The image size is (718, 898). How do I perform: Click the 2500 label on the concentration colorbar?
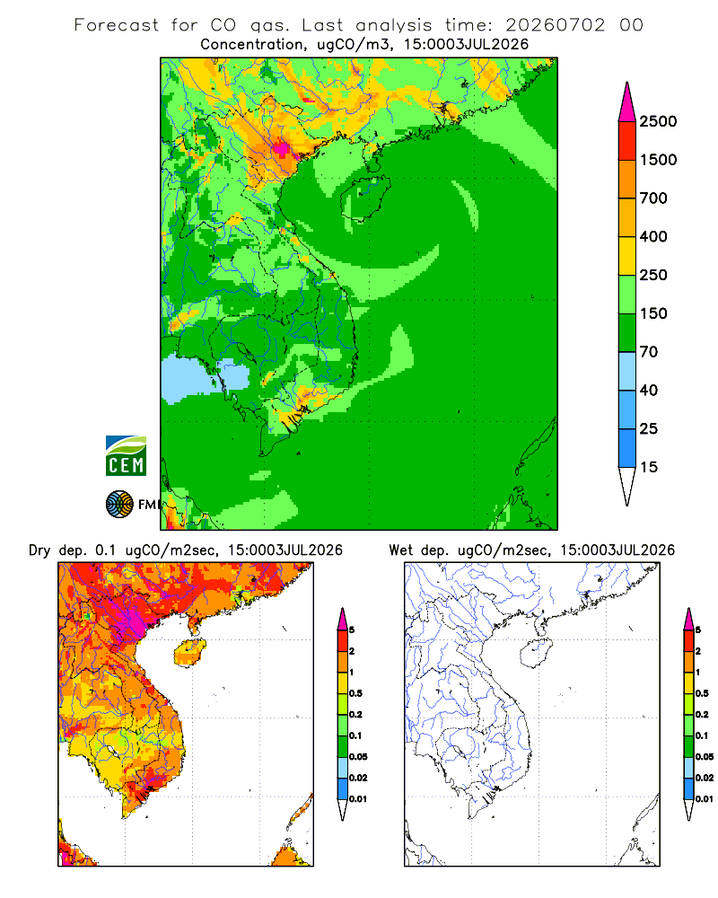(658, 121)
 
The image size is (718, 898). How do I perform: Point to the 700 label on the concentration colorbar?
(653, 198)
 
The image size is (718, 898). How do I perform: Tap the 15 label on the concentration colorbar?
(648, 467)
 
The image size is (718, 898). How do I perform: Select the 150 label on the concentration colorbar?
(653, 313)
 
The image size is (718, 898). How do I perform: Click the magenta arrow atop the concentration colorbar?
(627, 103)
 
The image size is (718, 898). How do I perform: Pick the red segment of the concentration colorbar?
(627, 141)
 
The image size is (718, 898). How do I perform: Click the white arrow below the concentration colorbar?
(627, 485)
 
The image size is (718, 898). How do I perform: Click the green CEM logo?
(126, 456)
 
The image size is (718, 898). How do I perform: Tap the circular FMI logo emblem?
(119, 505)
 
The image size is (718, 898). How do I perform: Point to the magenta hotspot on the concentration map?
(281, 148)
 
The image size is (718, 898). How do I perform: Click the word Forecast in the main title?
(117, 25)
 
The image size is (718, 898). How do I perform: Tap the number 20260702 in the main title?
(555, 25)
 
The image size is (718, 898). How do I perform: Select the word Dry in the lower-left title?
(39, 550)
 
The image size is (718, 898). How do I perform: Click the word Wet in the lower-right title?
(400, 550)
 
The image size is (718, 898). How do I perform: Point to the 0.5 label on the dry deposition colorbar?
(355, 693)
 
